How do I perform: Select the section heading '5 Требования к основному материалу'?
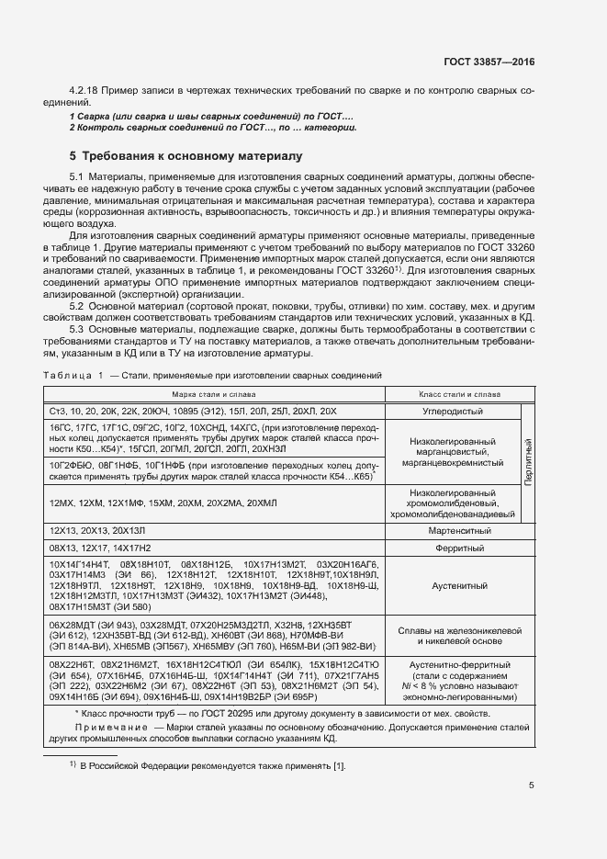pos(186,156)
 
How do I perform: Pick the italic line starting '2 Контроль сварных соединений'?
pos(213,128)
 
